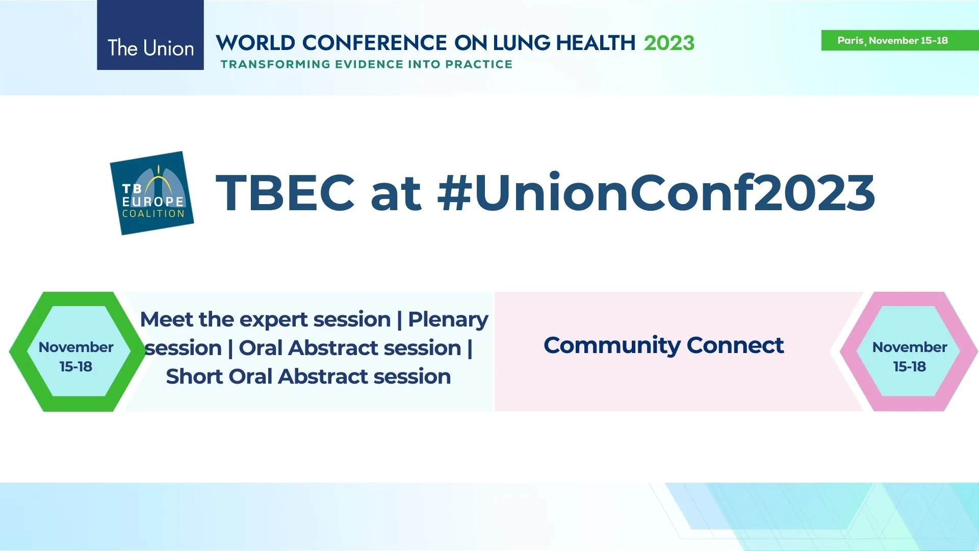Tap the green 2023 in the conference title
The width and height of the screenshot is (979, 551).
coord(669,43)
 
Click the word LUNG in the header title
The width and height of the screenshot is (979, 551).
coord(522,43)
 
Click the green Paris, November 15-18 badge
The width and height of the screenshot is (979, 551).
coord(899,40)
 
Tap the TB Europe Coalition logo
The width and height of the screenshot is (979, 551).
coord(152,193)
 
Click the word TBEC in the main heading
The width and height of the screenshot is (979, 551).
coord(285,193)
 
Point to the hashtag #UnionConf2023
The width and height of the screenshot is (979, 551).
coord(656,193)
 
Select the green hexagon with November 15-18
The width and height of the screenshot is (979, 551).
coord(76,352)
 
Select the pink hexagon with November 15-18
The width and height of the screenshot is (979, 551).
coord(910,352)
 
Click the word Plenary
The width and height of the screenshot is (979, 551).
coord(448,320)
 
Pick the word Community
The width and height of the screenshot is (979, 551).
coord(611,346)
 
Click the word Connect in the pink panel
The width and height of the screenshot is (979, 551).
coord(735,345)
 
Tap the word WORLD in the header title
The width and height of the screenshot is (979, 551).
coord(255,43)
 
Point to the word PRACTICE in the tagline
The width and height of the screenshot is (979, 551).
coord(479,64)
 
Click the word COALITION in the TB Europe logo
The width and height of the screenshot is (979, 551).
coord(153,214)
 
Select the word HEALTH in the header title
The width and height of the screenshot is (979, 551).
coord(596,43)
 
